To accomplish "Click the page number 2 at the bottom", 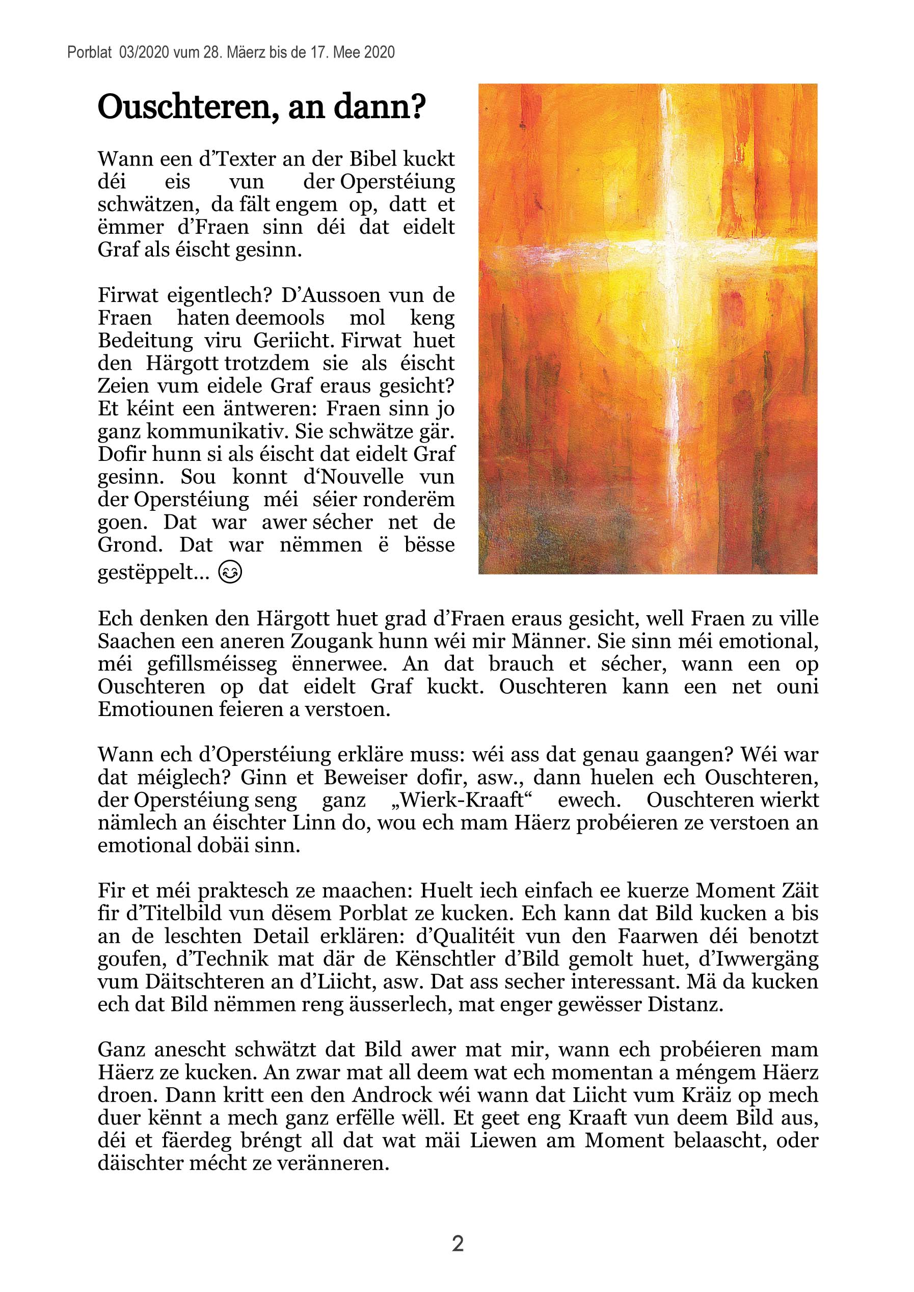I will [x=458, y=1243].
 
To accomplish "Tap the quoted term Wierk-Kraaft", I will [x=474, y=800].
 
